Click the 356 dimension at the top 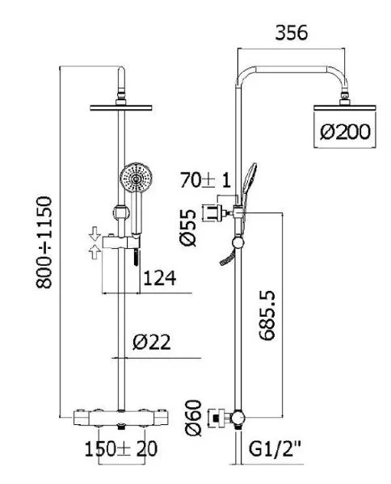[292, 32]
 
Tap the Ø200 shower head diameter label [345, 132]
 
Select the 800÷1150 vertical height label [44, 242]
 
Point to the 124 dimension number [160, 278]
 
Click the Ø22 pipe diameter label [152, 342]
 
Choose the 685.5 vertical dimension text [267, 315]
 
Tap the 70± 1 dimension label [205, 180]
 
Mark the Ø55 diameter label [188, 228]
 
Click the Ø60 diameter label [193, 418]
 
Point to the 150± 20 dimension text [121, 448]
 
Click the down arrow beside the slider [95, 234]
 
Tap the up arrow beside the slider [95, 252]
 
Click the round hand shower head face [136, 178]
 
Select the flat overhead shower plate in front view [121, 107]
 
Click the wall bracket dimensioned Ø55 [214, 213]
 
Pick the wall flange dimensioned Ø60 [219, 419]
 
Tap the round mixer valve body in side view [238, 418]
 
